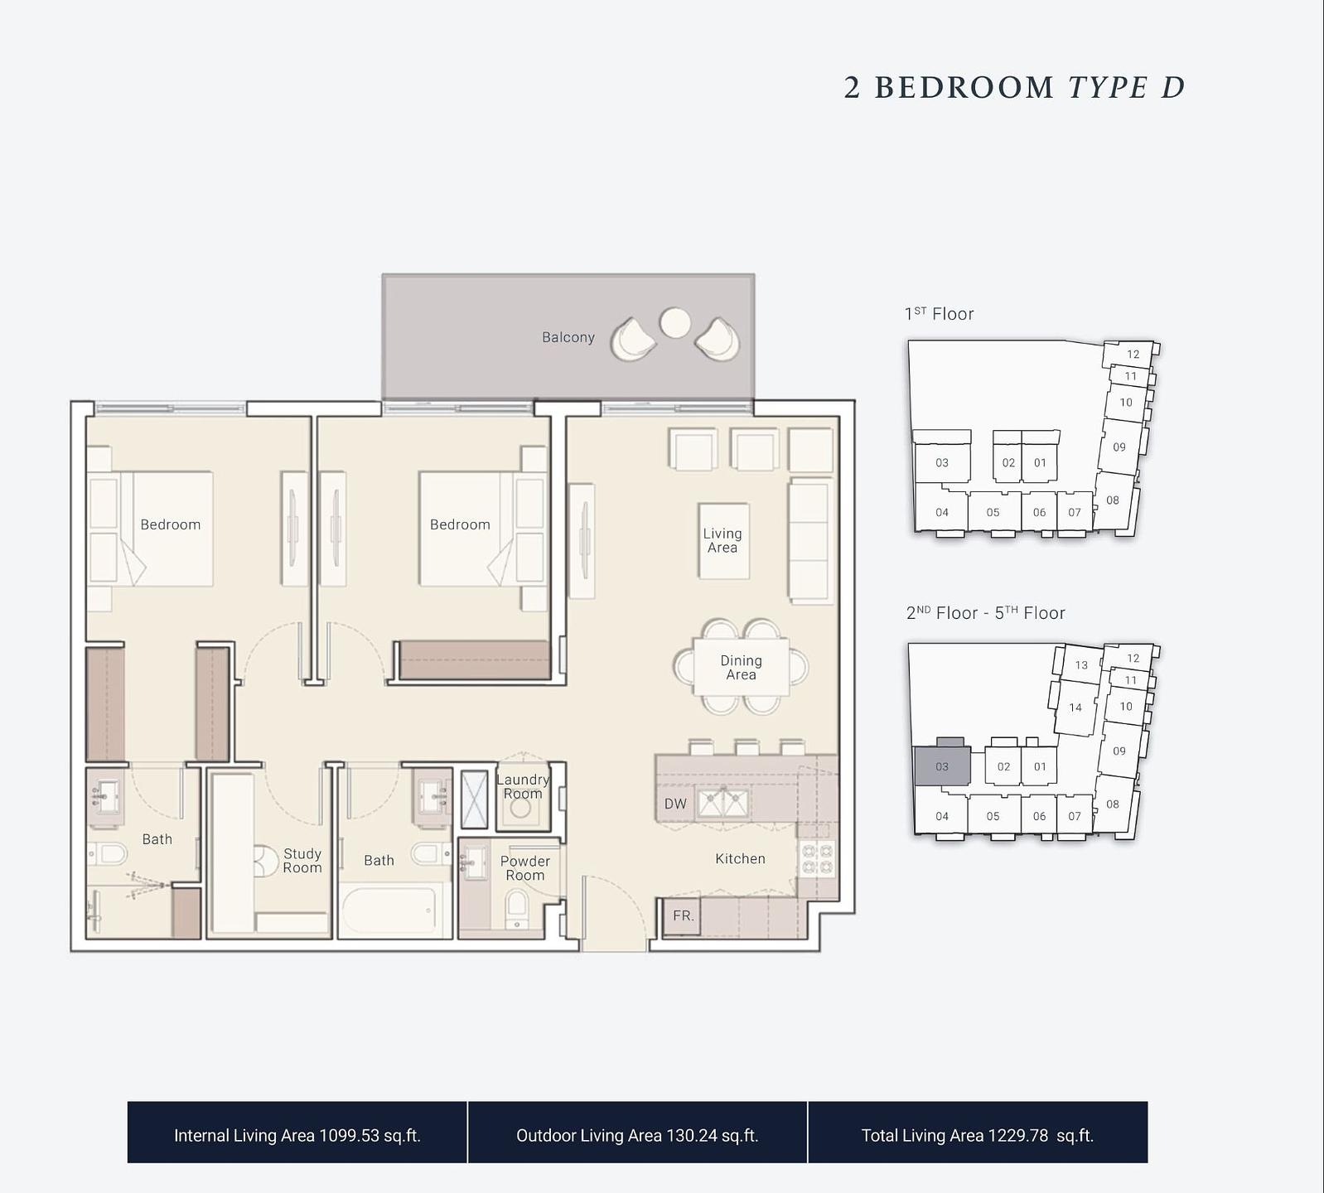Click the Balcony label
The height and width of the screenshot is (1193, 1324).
(568, 337)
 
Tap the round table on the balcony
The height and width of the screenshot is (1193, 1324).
(675, 322)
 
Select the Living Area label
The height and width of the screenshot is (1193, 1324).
(722, 541)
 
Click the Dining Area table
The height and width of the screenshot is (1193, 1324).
(741, 667)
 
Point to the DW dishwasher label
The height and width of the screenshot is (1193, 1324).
(675, 804)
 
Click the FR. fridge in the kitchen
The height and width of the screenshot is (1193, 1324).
(682, 916)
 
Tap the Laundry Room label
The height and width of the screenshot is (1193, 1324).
(523, 786)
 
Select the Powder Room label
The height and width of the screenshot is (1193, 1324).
(525, 868)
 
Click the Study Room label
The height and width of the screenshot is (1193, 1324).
(302, 861)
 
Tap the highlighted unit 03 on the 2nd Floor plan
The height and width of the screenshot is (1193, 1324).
(942, 766)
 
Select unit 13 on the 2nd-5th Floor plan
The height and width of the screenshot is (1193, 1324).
(1081, 664)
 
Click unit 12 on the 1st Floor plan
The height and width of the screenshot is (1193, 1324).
(1133, 354)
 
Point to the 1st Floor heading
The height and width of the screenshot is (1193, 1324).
(939, 314)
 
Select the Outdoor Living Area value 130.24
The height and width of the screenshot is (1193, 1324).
(692, 1135)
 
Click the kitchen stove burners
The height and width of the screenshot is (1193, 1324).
(817, 859)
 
